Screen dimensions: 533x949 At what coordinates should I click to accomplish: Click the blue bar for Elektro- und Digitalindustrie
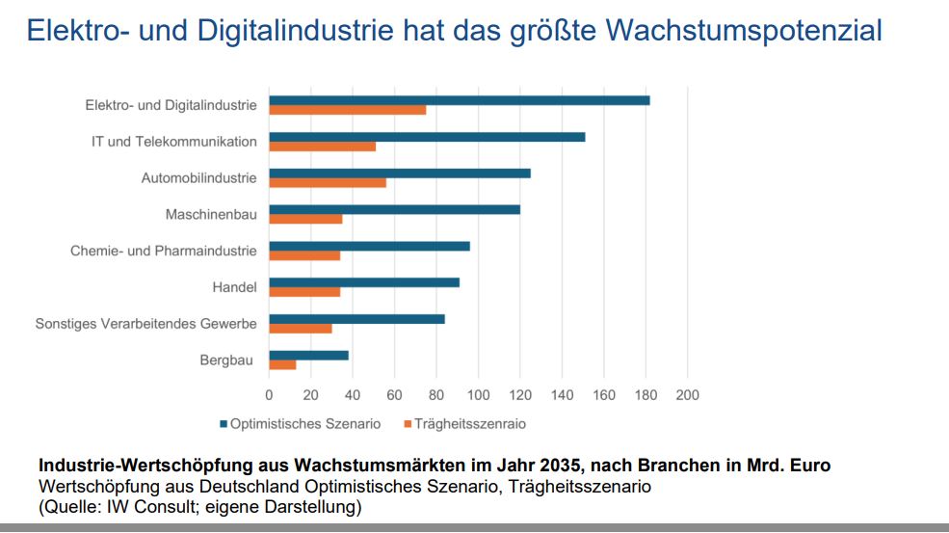(x=459, y=100)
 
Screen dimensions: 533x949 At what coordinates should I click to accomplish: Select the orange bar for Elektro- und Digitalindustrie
(x=347, y=110)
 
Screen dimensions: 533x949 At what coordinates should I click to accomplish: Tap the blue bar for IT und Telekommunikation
(x=427, y=137)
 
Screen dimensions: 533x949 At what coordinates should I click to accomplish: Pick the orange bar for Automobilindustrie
(x=327, y=182)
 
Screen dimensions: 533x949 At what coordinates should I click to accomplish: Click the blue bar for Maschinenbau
(x=394, y=209)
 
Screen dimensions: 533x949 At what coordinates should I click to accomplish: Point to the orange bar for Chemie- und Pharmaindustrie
(x=304, y=255)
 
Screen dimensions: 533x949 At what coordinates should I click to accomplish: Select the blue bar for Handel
(x=364, y=282)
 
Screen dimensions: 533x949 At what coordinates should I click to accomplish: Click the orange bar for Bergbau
(x=282, y=364)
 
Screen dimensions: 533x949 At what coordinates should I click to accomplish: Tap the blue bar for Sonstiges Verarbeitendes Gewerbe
(x=356, y=318)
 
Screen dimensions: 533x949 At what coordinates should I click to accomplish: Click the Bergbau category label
(x=226, y=360)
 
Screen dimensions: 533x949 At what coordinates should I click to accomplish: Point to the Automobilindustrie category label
(x=198, y=177)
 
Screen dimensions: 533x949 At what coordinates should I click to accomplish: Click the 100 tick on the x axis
(x=478, y=395)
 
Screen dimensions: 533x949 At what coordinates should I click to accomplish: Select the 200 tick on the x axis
(x=687, y=395)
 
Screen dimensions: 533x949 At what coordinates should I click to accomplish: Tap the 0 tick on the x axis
(x=269, y=395)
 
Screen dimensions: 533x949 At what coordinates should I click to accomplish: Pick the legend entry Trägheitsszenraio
(x=469, y=423)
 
